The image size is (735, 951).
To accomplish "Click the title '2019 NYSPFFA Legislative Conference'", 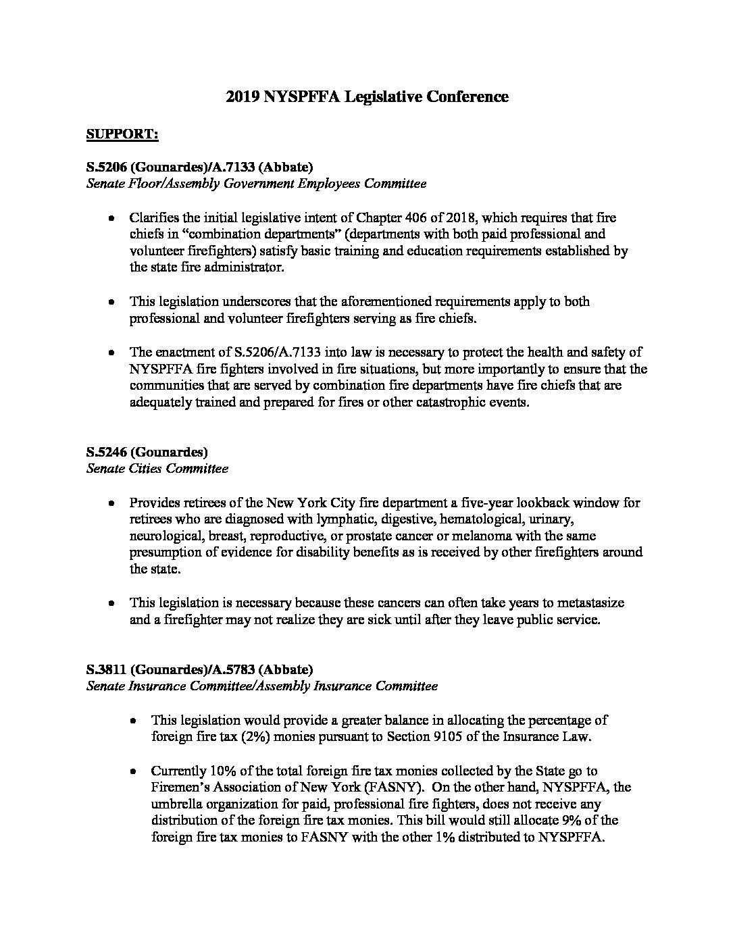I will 367,97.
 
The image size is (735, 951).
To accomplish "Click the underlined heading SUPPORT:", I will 122,134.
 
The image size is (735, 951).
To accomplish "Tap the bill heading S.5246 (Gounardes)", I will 147,452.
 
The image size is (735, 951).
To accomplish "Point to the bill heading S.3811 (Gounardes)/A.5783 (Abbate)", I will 199,669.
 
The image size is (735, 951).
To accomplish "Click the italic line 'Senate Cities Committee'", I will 157,468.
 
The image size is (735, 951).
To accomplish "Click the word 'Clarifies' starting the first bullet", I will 152,217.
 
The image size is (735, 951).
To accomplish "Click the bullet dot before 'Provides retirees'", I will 111,503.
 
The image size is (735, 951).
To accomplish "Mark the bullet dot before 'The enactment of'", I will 111,353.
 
